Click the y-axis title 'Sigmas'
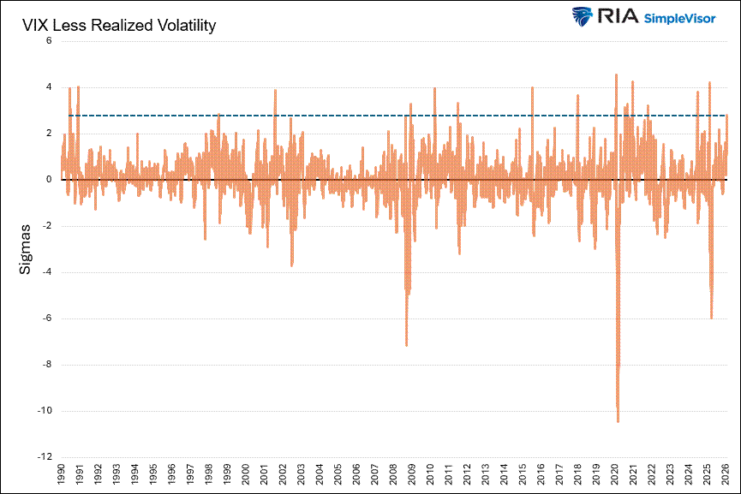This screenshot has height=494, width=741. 26,249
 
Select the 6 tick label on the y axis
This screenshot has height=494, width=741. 49,40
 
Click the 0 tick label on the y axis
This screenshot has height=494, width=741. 49,180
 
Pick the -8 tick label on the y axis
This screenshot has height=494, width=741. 46,364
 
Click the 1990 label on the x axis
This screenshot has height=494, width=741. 61,475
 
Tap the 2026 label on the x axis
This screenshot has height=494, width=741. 726,475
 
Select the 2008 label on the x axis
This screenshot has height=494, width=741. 393,475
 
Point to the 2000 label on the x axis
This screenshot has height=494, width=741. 246,475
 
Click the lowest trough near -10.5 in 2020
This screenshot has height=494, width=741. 618,421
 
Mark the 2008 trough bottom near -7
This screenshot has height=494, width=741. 406,345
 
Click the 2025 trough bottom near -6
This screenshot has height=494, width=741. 712,318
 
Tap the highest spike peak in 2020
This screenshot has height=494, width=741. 616,74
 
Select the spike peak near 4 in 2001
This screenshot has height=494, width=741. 275,90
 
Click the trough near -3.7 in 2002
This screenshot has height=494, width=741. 291,265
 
